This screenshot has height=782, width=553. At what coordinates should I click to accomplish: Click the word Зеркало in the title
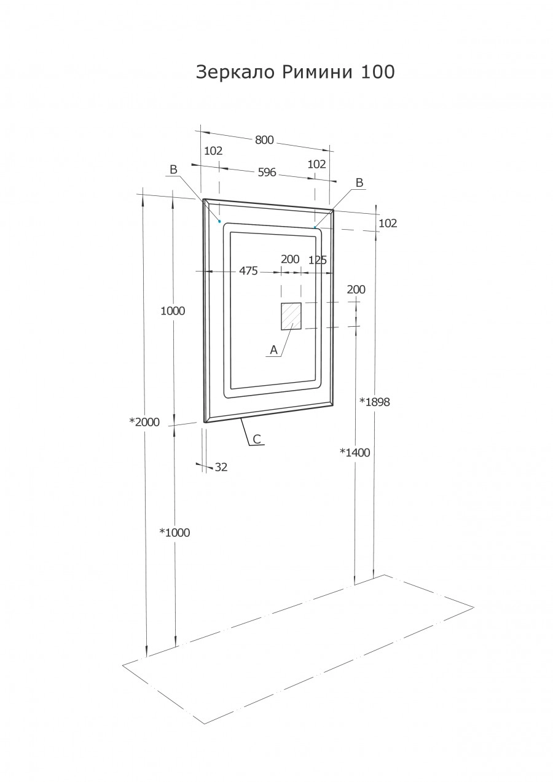coord(236,72)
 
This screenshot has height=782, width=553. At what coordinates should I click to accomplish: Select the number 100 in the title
coord(378,72)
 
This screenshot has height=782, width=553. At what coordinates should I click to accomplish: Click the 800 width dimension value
coord(264,140)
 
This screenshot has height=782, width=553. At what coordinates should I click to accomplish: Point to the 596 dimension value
coord(266,173)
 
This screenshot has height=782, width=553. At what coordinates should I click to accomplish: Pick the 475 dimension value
coord(248,271)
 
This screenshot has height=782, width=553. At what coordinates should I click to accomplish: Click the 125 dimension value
coord(318,260)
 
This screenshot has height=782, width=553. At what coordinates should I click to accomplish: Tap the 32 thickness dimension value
coord(221,467)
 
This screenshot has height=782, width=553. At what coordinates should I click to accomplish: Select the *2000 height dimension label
coord(144,422)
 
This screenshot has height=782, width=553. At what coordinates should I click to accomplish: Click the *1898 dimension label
coord(375,402)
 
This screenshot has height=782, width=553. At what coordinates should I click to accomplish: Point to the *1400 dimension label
coord(355,453)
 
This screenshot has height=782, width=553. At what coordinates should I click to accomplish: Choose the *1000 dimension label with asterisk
coord(175,533)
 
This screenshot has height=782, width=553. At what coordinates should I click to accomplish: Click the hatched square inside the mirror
coord(291,316)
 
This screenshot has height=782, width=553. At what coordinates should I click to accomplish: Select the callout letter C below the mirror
coord(257,439)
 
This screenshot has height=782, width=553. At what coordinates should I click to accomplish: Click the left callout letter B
coord(173,170)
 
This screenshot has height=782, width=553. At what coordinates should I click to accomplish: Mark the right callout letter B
coord(359,182)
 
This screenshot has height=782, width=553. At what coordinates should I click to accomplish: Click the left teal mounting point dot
coord(219,221)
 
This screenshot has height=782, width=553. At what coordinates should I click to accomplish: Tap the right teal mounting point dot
coord(315,227)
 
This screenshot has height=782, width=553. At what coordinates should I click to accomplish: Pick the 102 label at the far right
coord(388,224)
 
